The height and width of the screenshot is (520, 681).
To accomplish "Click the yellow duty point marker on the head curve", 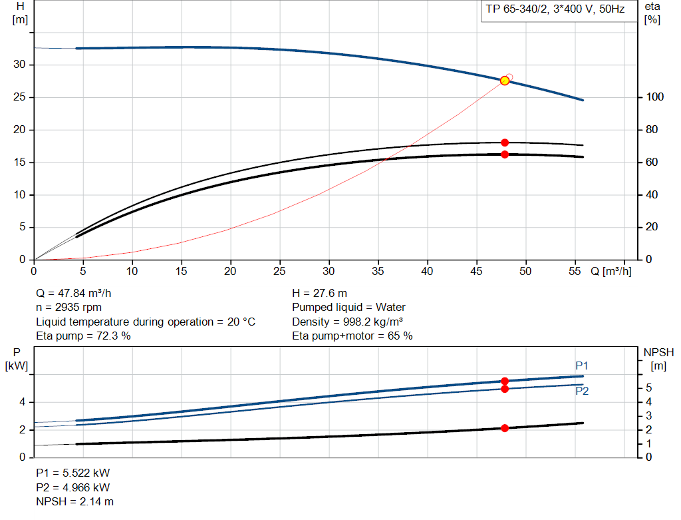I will coord(505,81).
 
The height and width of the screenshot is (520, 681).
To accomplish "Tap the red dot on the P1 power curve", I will coord(505,382).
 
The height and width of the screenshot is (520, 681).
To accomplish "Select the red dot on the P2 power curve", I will coord(505,389).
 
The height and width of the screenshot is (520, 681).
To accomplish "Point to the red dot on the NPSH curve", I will coord(505,428).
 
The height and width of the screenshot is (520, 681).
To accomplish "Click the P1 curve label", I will coord(582,366).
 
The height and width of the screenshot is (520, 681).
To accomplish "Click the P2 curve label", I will coord(582,391).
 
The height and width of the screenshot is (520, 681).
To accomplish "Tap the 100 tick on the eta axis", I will coord(654,97).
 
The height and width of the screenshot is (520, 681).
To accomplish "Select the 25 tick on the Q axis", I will coord(280,272).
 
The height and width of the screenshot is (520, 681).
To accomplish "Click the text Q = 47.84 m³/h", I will coord(78,293).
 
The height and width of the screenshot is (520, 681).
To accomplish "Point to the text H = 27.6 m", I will coord(319,293).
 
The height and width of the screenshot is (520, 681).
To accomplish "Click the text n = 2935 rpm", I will coord(69,308).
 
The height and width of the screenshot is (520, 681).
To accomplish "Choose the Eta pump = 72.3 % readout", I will coord(83,336).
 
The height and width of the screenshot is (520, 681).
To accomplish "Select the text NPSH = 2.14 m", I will coord(74,501).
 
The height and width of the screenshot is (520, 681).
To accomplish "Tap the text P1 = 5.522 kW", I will coord(72,473).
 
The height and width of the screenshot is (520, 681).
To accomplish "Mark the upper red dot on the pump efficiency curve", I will coord(505,142).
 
